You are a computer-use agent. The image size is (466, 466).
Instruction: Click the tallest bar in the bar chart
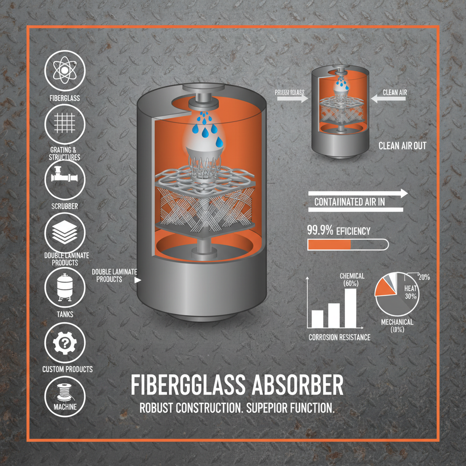click(350, 308)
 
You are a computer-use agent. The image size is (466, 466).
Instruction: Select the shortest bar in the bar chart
click(317, 319)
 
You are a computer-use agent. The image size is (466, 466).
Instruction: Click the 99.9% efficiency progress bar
click(348, 245)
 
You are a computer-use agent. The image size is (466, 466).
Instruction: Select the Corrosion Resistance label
click(339, 337)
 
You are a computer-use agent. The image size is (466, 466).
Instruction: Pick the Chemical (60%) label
click(352, 280)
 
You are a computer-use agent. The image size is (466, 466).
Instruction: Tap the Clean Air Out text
click(402, 147)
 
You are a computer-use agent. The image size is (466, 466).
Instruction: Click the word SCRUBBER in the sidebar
click(65, 206)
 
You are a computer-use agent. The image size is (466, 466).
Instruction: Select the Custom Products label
click(67, 369)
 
